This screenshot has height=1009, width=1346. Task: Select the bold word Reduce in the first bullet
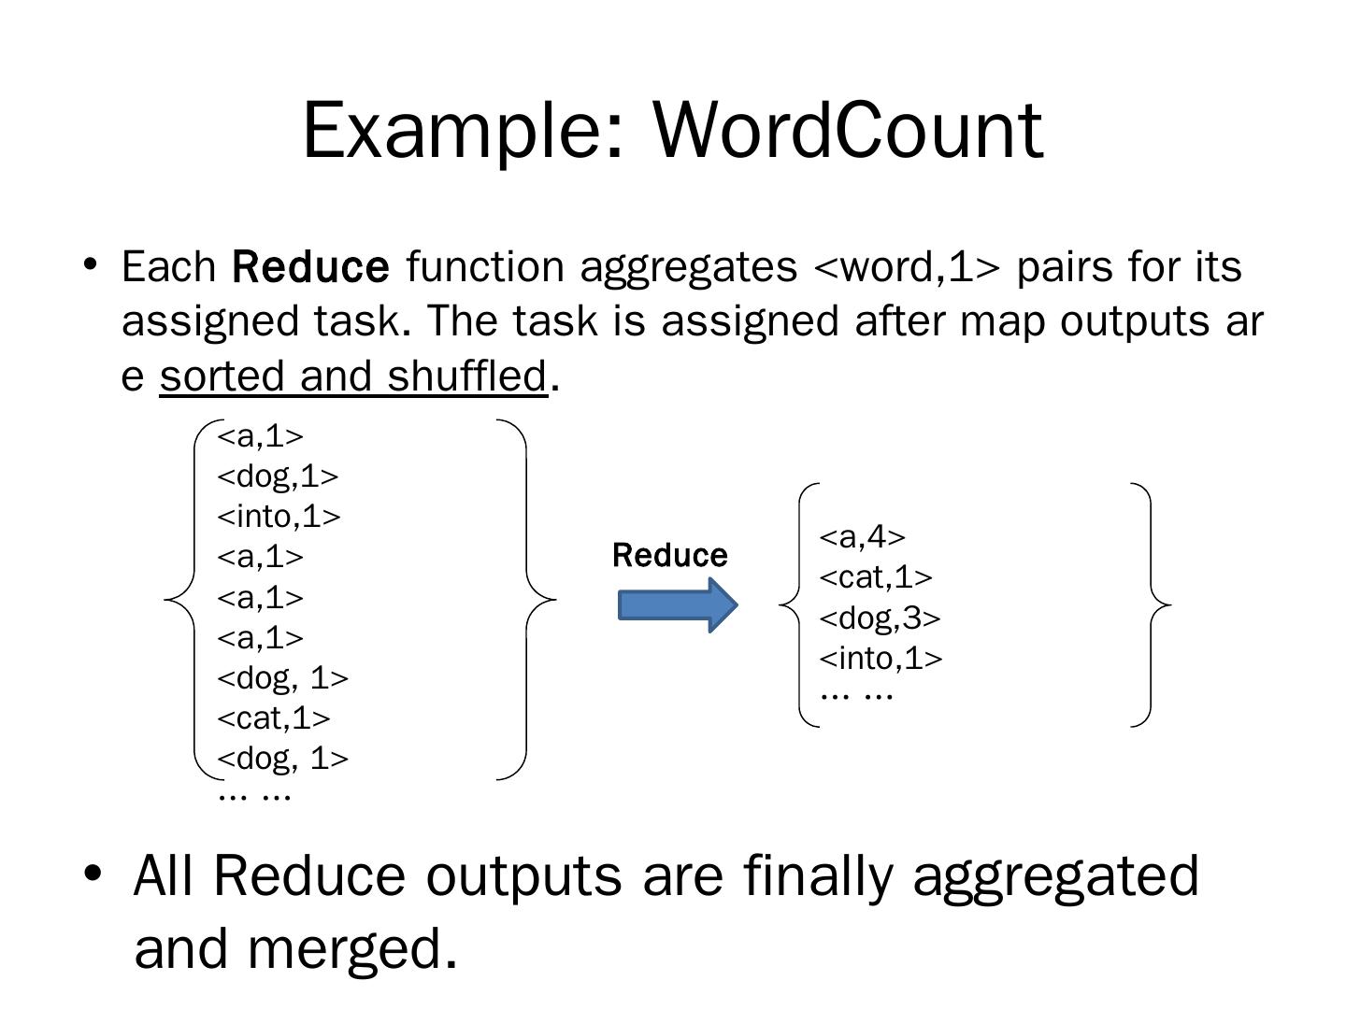click(x=310, y=267)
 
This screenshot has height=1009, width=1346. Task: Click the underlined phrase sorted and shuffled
click(x=353, y=377)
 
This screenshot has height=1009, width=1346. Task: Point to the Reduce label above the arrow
click(x=669, y=556)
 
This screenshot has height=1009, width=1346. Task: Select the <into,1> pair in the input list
click(x=279, y=517)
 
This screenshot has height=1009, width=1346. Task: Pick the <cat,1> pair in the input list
click(x=274, y=718)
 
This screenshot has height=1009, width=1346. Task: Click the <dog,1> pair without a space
click(x=278, y=476)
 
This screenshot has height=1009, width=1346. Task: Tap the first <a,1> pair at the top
click(x=260, y=436)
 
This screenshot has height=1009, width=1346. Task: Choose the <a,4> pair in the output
click(x=862, y=537)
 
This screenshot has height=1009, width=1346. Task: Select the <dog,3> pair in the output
click(x=880, y=618)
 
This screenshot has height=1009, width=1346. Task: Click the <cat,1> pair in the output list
click(x=876, y=578)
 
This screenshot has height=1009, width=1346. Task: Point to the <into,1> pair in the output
click(x=881, y=659)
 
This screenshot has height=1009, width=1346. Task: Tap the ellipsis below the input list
click(x=254, y=796)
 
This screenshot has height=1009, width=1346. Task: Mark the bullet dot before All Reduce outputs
click(x=92, y=874)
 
